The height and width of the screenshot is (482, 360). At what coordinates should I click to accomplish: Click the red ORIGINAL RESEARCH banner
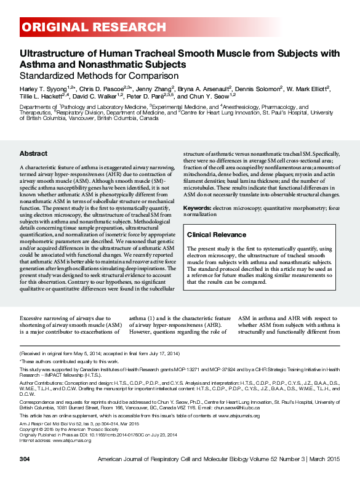click(x=92, y=28)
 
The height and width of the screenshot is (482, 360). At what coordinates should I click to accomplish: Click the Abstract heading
click(x=33, y=153)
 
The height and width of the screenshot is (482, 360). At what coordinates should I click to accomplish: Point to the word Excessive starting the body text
click(x=33, y=318)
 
